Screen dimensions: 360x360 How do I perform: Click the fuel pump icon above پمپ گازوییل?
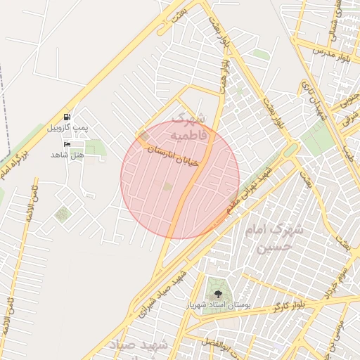point(67,117)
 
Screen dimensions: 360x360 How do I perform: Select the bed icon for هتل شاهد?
point(67,145)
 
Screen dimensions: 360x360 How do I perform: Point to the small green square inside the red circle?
point(167,186)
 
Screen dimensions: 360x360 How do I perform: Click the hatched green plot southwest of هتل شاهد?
point(63,214)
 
